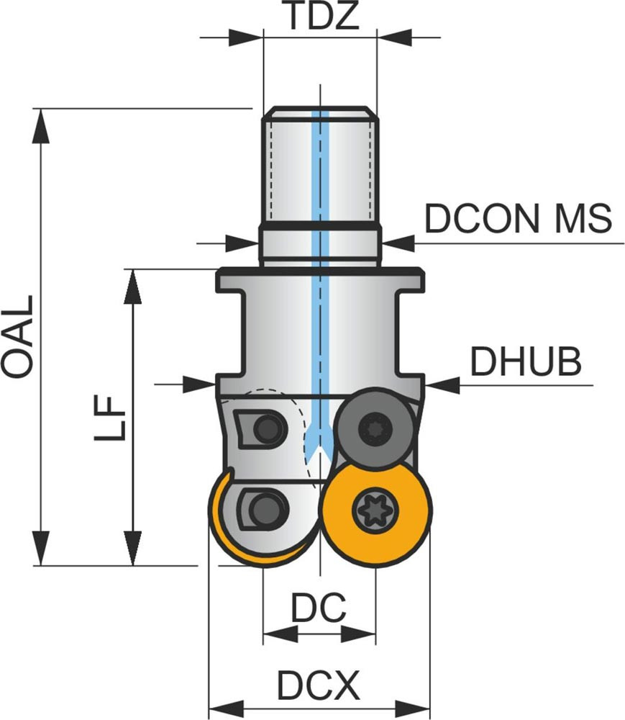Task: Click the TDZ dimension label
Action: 320,16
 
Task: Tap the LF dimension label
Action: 111,416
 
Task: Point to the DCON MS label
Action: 518,218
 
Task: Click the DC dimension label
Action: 319,608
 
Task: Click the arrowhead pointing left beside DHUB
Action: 441,384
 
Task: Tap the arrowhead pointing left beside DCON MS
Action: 398,243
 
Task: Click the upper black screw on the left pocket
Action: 269,428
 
